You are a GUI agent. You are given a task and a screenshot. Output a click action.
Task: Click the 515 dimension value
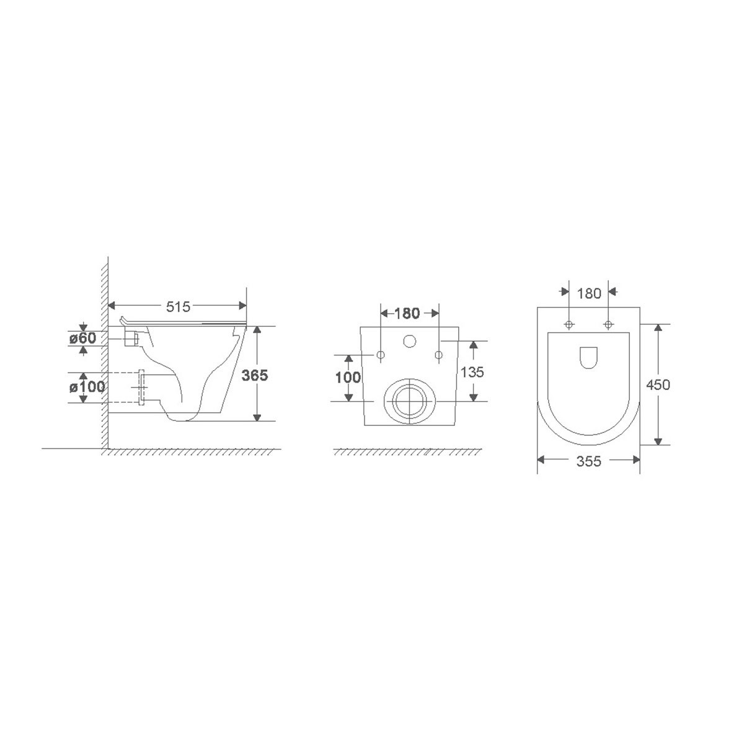(178, 306)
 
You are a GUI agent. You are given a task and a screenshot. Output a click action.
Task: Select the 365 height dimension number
(254, 375)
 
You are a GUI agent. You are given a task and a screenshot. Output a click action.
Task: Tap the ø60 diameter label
(82, 339)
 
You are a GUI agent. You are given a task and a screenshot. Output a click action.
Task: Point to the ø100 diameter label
(87, 386)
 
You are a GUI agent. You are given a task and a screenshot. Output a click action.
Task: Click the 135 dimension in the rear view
(472, 372)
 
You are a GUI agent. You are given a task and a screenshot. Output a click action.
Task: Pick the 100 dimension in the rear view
(348, 378)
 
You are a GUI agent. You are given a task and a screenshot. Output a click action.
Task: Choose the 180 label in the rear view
(407, 313)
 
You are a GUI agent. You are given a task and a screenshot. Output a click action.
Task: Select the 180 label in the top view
(589, 293)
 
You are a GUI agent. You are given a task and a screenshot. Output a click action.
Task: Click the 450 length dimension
(658, 384)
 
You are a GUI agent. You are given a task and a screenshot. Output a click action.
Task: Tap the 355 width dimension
(589, 461)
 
